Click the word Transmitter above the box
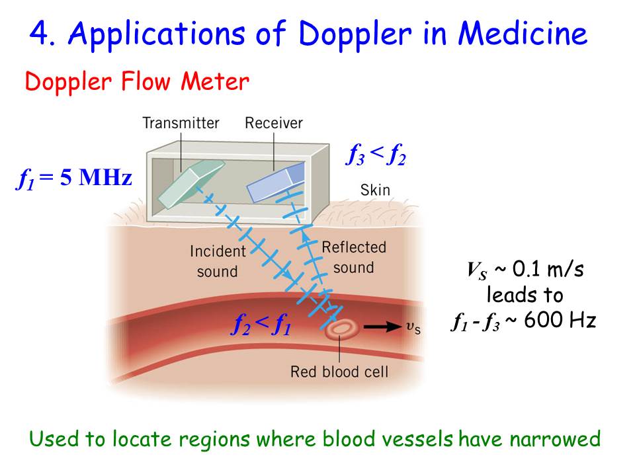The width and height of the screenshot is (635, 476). coord(181,123)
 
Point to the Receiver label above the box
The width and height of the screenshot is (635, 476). coord(273,123)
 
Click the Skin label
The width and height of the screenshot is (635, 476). coord(375,190)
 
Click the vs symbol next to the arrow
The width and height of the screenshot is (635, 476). coord(412,327)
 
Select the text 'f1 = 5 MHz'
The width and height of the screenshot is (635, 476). coord(74,179)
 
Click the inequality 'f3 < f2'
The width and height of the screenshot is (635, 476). coord(376,156)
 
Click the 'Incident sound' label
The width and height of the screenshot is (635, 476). coord(217,261)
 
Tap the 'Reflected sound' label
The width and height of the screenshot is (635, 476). coord(353,257)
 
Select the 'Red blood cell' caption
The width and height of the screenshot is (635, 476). coord(339,372)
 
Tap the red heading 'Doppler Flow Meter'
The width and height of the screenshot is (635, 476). coord(137,83)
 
